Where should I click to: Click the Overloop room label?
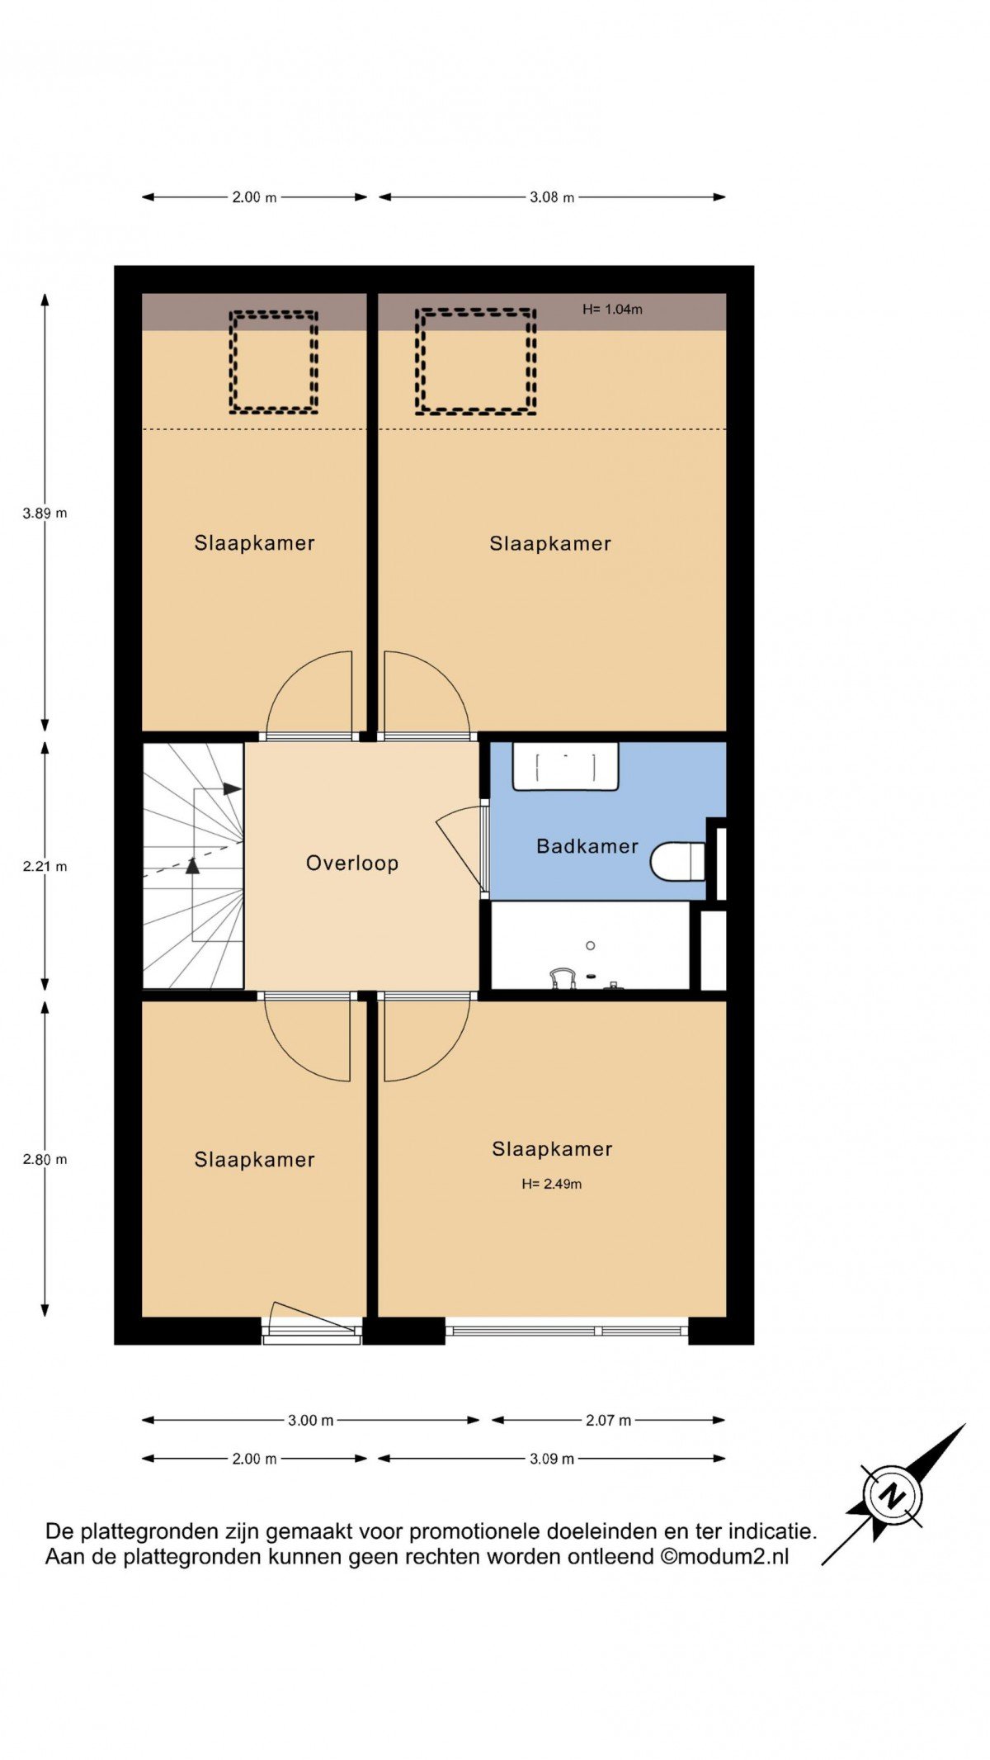(x=352, y=863)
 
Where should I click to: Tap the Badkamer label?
(x=587, y=846)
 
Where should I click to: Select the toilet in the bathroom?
(x=678, y=862)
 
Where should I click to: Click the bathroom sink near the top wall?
(x=566, y=767)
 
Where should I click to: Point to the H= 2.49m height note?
(x=552, y=1184)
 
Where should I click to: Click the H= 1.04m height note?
(x=612, y=310)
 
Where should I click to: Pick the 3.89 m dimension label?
(x=45, y=513)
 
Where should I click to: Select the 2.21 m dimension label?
(x=45, y=866)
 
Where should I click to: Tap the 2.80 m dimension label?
(x=45, y=1159)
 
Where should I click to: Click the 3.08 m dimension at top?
(x=552, y=197)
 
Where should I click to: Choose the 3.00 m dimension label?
(x=311, y=1421)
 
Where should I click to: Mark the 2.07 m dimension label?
(x=609, y=1421)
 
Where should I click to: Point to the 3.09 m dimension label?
(x=552, y=1459)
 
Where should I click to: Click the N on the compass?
(x=892, y=1495)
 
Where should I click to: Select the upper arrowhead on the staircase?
(x=233, y=789)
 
